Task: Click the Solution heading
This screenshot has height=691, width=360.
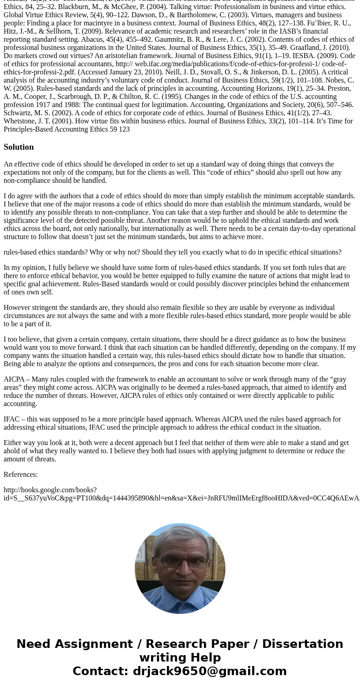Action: pos(19,147)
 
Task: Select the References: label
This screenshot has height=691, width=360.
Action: pos(20,475)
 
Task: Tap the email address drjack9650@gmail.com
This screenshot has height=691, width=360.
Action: pos(209,671)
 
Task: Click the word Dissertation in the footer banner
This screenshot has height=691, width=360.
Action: pos(302,644)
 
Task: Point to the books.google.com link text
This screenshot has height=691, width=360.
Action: pos(50,490)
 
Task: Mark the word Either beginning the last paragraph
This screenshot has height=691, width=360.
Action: pos(13,443)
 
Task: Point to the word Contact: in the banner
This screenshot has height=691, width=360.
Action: pos(100,671)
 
